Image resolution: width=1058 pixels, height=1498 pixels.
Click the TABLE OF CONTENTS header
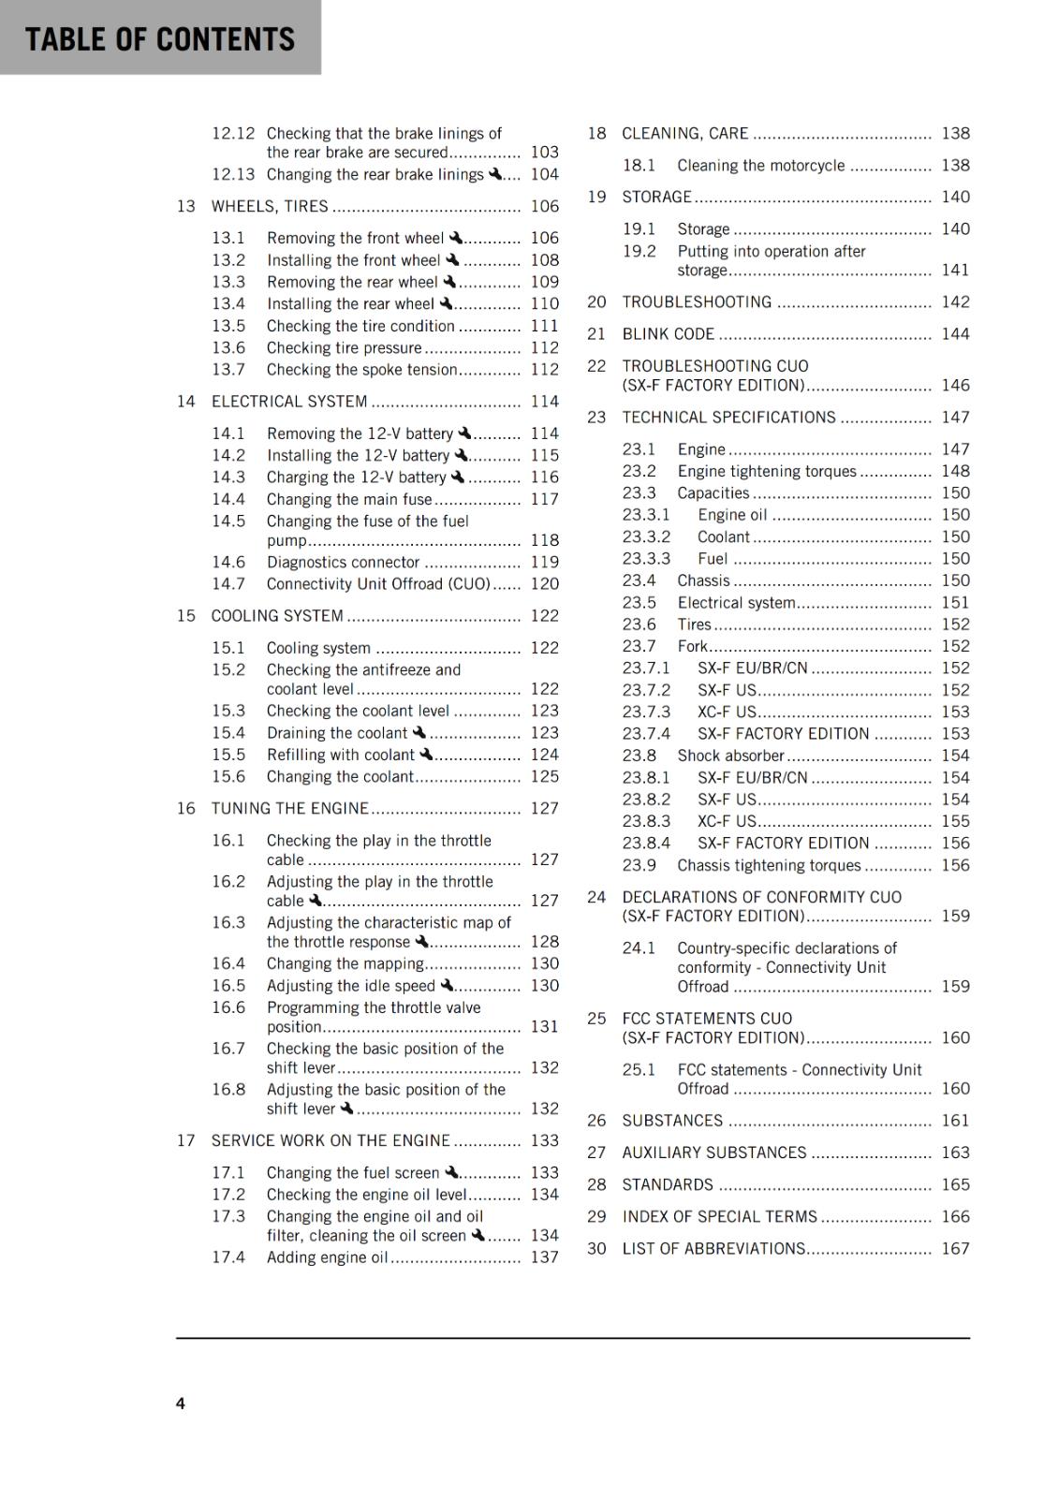[x=160, y=39]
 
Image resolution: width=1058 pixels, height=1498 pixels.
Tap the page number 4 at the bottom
[x=181, y=1403]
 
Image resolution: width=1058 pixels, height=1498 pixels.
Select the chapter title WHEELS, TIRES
[x=270, y=206]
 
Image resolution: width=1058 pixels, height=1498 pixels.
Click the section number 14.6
[x=228, y=562]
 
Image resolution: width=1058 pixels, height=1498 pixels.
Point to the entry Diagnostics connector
[x=343, y=562]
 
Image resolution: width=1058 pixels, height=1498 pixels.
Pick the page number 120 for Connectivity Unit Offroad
[x=544, y=583]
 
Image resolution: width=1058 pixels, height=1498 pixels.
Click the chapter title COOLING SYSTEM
[x=277, y=615]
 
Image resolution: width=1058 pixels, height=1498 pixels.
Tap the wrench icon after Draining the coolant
[x=419, y=732]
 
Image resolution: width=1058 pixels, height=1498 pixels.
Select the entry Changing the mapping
[x=345, y=963]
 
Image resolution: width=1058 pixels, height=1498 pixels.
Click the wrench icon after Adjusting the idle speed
[x=447, y=985]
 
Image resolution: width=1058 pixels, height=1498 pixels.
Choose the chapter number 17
[x=186, y=1140]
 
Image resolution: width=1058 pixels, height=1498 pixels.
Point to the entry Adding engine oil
[x=327, y=1256]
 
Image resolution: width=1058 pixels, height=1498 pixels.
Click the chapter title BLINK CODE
[x=669, y=333]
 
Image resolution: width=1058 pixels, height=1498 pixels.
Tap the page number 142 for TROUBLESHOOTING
[x=955, y=301]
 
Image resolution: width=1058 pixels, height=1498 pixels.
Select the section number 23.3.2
[x=646, y=536]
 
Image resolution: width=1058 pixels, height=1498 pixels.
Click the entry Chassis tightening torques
[x=769, y=865]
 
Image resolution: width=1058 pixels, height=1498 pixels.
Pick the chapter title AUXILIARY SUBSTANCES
[x=714, y=1153]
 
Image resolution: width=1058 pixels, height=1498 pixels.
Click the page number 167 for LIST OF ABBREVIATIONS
[x=955, y=1248]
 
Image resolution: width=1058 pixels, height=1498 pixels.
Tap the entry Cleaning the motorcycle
[x=761, y=165]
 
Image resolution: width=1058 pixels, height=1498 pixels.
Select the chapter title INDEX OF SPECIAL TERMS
[x=720, y=1216]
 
